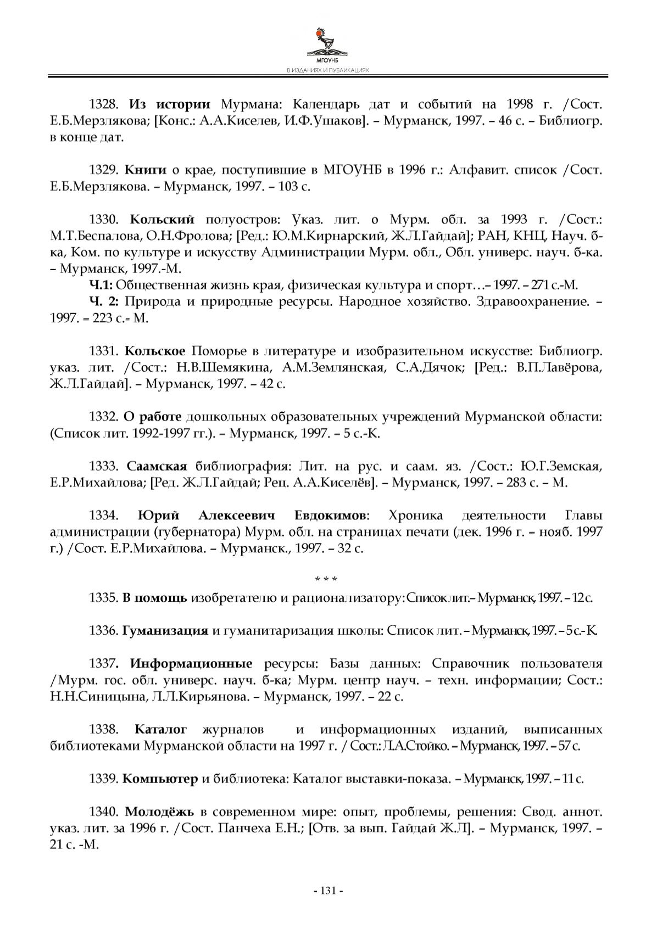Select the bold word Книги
pos(146,170)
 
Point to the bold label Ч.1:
pos(101,286)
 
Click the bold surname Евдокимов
pos(330,516)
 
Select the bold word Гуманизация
pos(165,630)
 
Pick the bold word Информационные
pos(191,664)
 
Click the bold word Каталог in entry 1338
pos(160,730)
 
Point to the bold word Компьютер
pos(159,779)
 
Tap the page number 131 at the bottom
pos(328,891)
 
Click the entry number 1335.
pos(103,597)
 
